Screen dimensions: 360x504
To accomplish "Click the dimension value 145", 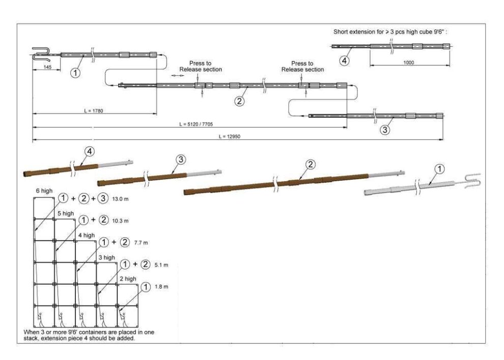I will coord(47,67).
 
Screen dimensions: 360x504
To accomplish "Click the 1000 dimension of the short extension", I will coord(408,62).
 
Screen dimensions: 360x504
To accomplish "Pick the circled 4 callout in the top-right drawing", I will coord(345,61).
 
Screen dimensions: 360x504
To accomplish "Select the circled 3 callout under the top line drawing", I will coord(385,130).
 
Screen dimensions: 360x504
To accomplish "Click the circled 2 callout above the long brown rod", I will coord(311,164).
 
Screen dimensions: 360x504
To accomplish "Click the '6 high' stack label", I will coord(44,190).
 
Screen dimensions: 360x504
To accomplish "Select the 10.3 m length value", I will coord(120,220).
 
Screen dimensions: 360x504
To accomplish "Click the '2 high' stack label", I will coord(128,279).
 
